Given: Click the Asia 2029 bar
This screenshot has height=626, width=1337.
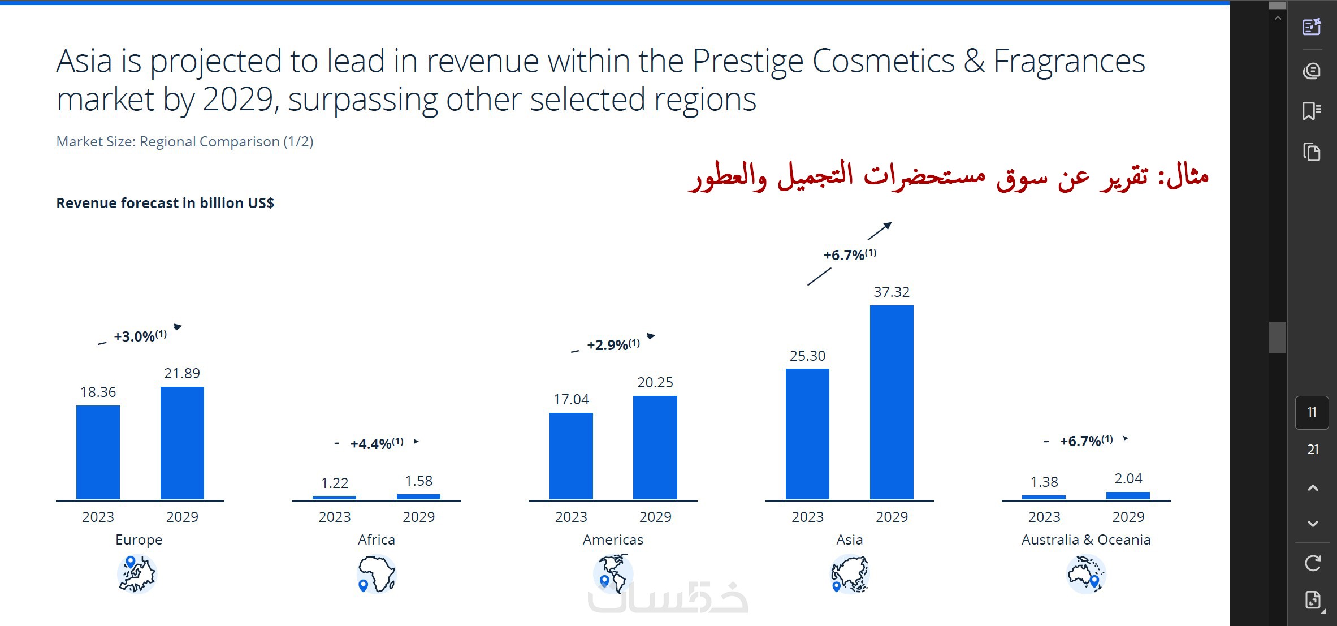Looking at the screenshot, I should (892, 402).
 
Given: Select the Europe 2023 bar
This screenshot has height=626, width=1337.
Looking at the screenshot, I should (98, 452).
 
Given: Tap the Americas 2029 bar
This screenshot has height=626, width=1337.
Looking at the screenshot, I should (655, 447).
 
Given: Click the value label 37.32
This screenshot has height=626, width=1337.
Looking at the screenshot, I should (892, 292).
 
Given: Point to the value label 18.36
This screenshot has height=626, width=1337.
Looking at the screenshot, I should (98, 392).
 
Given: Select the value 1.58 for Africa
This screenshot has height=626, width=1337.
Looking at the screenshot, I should (418, 481).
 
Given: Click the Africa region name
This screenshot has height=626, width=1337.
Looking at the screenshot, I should (377, 539).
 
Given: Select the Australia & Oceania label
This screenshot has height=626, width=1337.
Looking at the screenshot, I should (1086, 539).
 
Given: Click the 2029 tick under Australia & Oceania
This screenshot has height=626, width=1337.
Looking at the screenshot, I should (1128, 517).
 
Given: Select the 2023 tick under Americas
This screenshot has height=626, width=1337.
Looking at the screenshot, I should (571, 517).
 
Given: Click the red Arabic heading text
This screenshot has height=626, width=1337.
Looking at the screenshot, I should (948, 175).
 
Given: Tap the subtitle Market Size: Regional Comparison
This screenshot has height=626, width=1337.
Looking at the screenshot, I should (185, 141).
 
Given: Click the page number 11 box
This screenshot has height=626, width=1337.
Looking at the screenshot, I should (1312, 412).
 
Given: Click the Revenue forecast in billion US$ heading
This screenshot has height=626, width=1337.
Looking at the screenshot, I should (165, 203).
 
